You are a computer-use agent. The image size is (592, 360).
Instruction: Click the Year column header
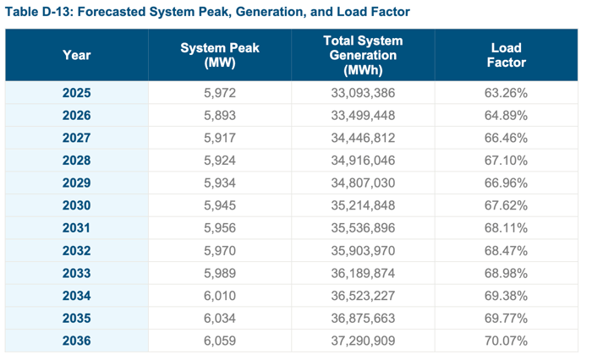coord(76,56)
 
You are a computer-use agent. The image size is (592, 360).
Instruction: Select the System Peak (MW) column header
coord(220,56)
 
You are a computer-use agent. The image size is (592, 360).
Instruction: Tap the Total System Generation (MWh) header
coord(363,56)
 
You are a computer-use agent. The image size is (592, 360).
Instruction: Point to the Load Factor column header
coord(506,56)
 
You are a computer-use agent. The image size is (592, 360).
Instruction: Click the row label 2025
coord(76,93)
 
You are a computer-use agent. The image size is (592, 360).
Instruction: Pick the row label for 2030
coord(76,205)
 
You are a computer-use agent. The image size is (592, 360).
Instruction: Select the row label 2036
coord(76,341)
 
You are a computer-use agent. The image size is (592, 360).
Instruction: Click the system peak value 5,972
coord(220,93)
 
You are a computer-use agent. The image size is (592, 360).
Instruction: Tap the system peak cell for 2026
coord(220,116)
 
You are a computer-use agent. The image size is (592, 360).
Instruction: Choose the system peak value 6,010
coord(220,296)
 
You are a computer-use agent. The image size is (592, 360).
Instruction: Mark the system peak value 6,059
coord(220,341)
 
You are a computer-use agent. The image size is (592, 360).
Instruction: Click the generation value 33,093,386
coord(363,93)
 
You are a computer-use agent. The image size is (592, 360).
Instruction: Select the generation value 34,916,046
coord(363,161)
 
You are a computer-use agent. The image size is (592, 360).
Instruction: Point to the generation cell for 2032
coord(363,251)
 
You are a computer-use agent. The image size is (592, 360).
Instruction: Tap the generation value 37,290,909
coord(363,341)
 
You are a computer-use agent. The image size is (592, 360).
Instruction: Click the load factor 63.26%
coord(506,93)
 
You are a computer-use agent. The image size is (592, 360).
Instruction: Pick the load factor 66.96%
coord(506,183)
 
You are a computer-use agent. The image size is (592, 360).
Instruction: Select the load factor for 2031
coord(506,228)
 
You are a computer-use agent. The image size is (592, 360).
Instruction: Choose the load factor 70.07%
coord(506,341)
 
